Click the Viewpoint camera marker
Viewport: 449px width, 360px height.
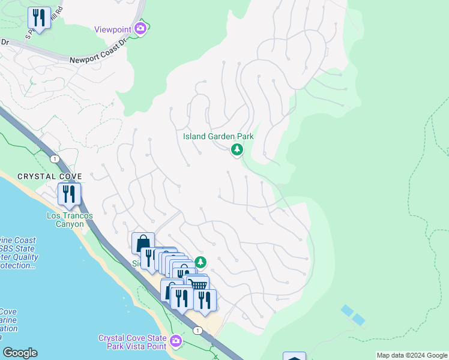(x=141, y=28)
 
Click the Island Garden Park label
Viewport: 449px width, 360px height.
(x=218, y=136)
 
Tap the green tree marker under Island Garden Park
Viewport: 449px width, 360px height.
(x=237, y=149)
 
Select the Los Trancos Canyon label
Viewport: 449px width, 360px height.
(x=65, y=220)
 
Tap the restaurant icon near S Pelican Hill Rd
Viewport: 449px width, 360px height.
(x=40, y=17)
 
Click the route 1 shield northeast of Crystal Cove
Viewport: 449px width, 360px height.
(x=55, y=158)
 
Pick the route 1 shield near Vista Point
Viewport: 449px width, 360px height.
(x=197, y=331)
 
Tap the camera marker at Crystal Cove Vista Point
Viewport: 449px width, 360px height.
(x=175, y=341)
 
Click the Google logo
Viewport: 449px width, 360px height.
(x=20, y=353)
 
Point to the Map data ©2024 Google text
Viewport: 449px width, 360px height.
(x=412, y=355)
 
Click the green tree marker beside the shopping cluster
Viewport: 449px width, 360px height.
(x=200, y=262)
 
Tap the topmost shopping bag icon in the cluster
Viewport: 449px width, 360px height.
(x=143, y=244)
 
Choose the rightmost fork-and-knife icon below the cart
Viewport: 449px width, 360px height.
(x=205, y=299)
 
